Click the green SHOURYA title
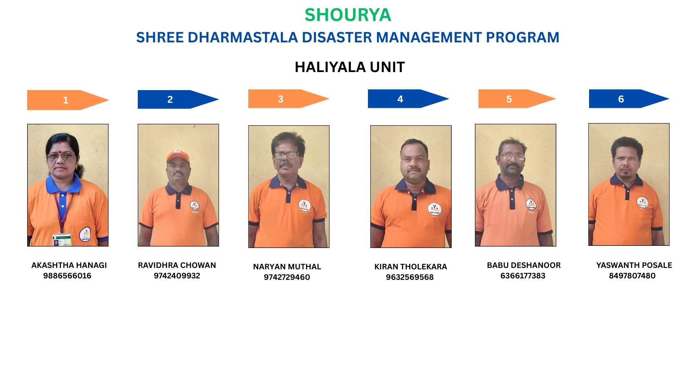(348, 15)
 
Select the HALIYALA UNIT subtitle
(349, 67)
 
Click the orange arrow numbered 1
(68, 100)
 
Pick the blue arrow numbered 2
(178, 99)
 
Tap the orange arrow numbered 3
(289, 99)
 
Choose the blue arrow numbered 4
(409, 99)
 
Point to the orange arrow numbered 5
(517, 99)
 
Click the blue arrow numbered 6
(629, 99)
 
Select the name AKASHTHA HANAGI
(69, 265)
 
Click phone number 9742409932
(177, 276)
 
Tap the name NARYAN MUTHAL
(287, 267)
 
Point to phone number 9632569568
(410, 277)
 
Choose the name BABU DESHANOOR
(524, 265)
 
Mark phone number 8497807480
(632, 276)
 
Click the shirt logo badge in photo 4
(434, 209)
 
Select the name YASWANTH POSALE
(634, 265)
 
